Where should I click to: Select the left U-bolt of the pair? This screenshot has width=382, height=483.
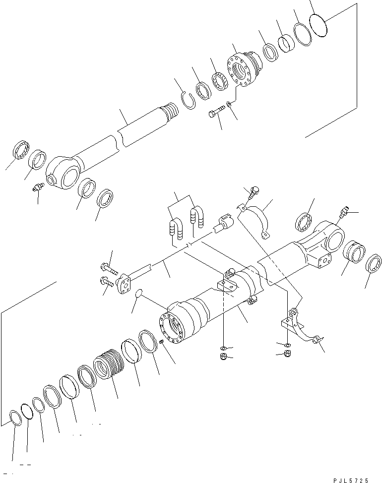(x=174, y=230)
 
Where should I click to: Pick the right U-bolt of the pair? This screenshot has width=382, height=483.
(x=194, y=219)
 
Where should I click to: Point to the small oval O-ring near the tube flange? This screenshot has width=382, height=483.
(x=140, y=296)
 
